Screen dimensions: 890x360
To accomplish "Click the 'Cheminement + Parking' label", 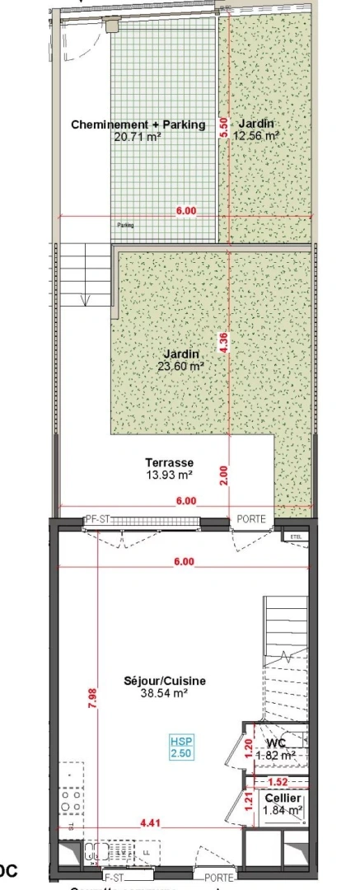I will pos(138,125).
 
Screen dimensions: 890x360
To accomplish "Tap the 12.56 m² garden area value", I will pos(255,137).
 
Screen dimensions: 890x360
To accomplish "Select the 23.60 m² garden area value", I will pos(180,366).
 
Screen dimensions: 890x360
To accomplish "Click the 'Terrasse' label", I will pos(169,464).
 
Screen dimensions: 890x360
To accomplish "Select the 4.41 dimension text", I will pos(150,822).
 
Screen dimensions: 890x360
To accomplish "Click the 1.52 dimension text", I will pos(278,781).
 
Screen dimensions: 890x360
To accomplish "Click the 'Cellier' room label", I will pos(283,799).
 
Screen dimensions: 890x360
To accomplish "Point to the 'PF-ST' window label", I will pos(97,519).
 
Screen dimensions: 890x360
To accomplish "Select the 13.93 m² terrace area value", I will pos(169,475).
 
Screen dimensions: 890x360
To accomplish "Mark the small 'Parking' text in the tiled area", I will pos(125,225).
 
